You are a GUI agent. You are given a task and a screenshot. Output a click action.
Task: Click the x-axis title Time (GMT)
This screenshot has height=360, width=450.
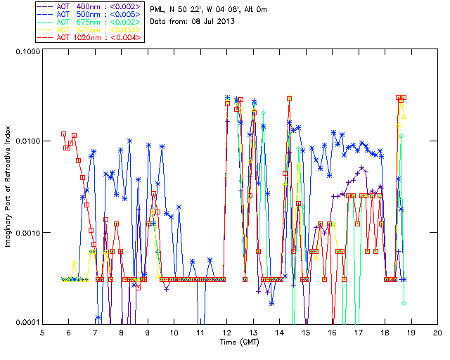(238, 342)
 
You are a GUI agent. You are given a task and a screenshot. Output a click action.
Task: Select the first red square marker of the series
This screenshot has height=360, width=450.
(63, 134)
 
